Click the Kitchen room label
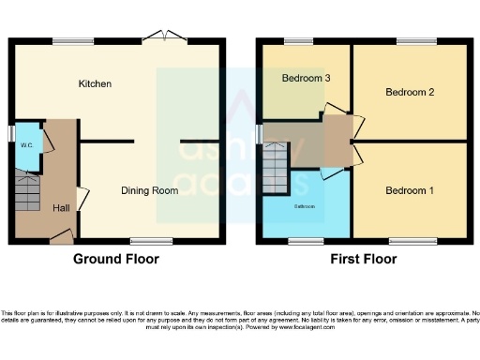tap(95, 84)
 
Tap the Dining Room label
tap(150, 190)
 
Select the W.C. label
tap(27, 145)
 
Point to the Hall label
tap(60, 208)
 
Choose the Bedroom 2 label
tap(410, 92)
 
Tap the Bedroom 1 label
tap(410, 190)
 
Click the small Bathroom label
tap(305, 205)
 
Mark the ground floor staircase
tap(27, 192)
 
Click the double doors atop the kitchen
tap(165, 37)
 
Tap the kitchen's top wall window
tap(72, 41)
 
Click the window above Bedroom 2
tap(410, 41)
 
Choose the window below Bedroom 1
tap(405, 241)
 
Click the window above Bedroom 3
tap(299, 41)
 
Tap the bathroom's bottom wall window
tap(300, 241)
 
